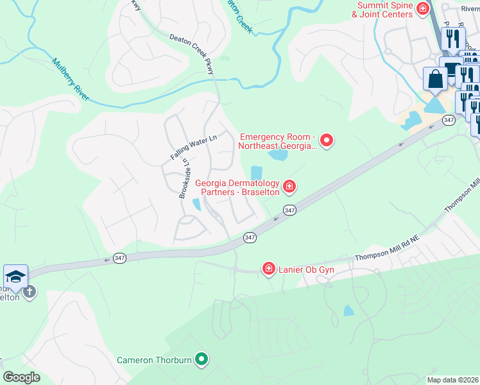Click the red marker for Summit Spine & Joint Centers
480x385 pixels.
coord(422,8)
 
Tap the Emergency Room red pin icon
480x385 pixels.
coord(327,140)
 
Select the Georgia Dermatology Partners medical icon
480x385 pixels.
coord(289,187)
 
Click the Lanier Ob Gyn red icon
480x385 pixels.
coord(268,268)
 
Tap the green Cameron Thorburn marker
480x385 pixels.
coord(201,359)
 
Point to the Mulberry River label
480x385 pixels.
coord(71,80)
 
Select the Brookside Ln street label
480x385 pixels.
coord(184,178)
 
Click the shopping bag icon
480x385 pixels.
coord(435,80)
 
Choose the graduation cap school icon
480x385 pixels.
coord(15,277)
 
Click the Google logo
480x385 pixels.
coord(21,377)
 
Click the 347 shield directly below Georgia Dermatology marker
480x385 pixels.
coord(289,210)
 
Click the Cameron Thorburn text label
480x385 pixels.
coord(154,360)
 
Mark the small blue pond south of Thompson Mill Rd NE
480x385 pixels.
coord(348,311)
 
